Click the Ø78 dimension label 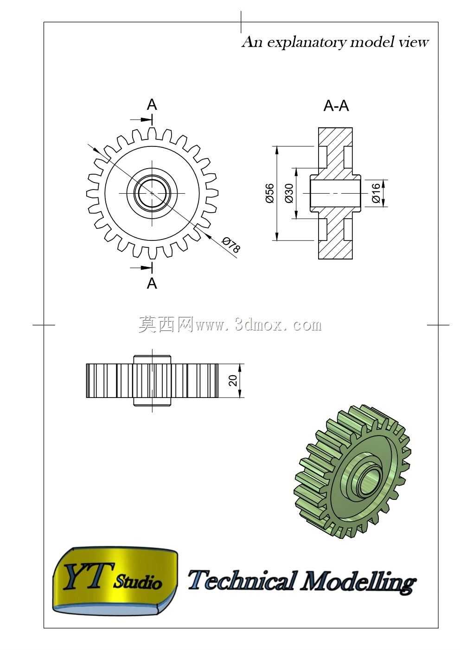click(231, 245)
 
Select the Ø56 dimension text click(270, 193)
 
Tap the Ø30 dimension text click(289, 193)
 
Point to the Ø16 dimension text click(376, 193)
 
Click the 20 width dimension click(233, 380)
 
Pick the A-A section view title click(336, 106)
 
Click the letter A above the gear click(152, 104)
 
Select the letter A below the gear click(152, 283)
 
